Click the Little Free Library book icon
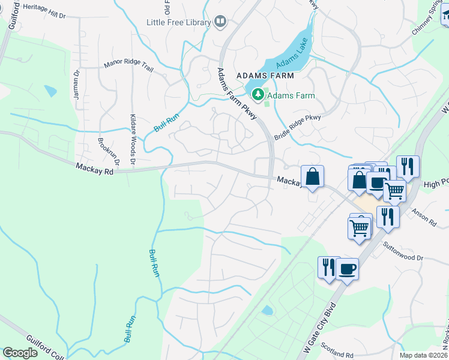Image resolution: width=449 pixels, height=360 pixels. click(x=220, y=22)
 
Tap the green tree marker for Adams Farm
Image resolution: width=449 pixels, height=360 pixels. click(x=258, y=95)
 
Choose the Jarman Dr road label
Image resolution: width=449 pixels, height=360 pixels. click(x=77, y=83)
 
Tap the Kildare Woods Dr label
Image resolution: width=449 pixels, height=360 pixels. click(x=133, y=140)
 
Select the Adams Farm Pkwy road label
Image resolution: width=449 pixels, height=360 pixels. click(x=237, y=94)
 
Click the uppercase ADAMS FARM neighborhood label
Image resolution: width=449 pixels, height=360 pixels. click(x=265, y=76)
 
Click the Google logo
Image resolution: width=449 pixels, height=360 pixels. click(x=20, y=353)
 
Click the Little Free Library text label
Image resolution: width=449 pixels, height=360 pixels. click(x=179, y=23)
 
